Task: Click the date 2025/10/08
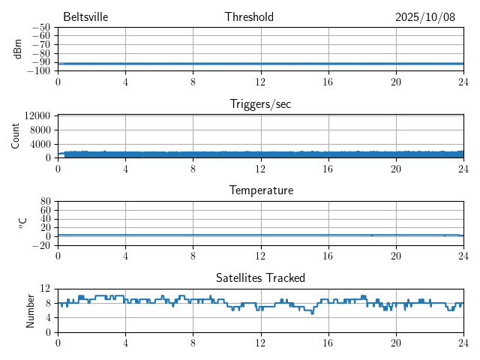tap(425, 17)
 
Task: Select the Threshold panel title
tap(249, 17)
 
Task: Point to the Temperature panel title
tap(260, 190)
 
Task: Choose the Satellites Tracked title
tap(260, 277)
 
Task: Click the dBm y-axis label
tap(18, 49)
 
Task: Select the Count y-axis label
tap(15, 136)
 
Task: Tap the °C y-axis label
tap(22, 223)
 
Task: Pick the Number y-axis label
tap(31, 310)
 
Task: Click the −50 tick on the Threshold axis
tap(40, 28)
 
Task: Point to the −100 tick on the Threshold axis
tap(38, 71)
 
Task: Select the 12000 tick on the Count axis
tap(37, 116)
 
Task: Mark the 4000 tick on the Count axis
tap(40, 144)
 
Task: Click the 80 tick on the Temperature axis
tap(45, 202)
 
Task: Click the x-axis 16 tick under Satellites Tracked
tap(328, 343)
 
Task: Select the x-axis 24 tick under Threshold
tap(463, 82)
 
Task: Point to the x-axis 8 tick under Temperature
tap(193, 256)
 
